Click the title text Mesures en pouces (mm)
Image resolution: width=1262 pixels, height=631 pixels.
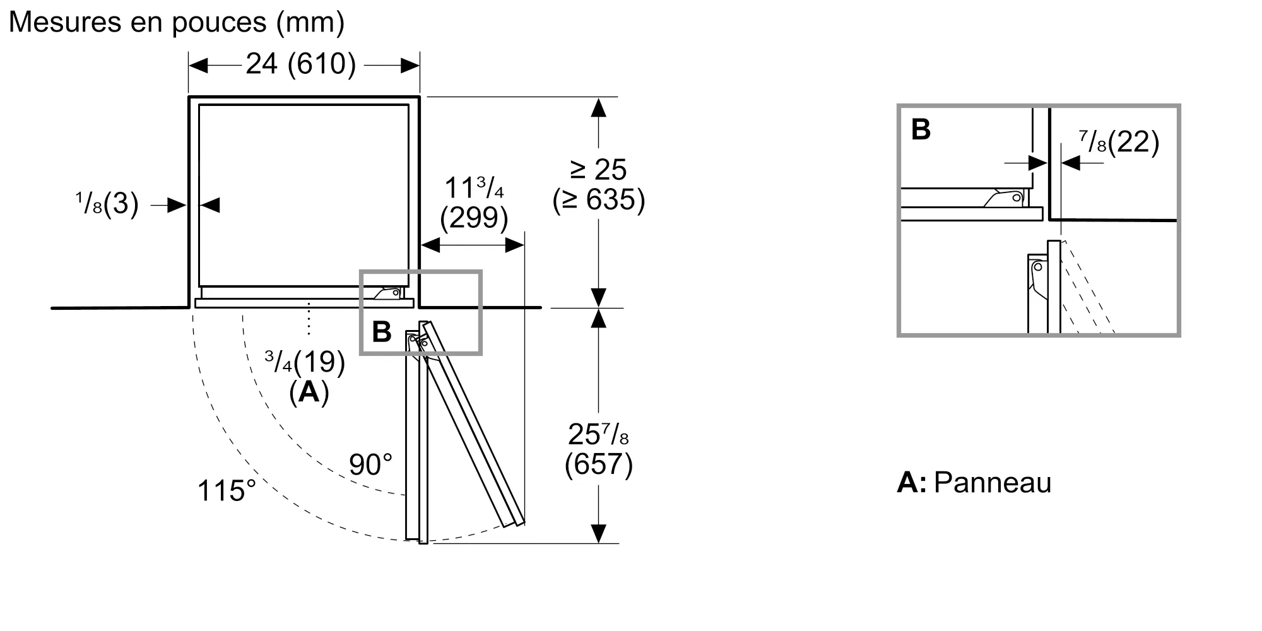[x=177, y=23]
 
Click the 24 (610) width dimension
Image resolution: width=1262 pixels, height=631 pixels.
[x=301, y=64]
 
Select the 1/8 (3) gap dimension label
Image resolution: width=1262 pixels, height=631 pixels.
[x=107, y=204]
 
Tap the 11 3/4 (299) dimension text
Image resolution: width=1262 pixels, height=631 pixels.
[x=474, y=202]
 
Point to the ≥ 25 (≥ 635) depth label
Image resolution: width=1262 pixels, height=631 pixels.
[x=599, y=185]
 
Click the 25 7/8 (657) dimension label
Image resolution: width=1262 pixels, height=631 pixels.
[x=598, y=449]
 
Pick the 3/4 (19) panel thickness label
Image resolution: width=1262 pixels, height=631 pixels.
[x=305, y=362]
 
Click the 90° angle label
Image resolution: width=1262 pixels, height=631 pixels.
[x=370, y=465]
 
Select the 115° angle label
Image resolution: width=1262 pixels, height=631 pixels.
[x=227, y=490]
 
